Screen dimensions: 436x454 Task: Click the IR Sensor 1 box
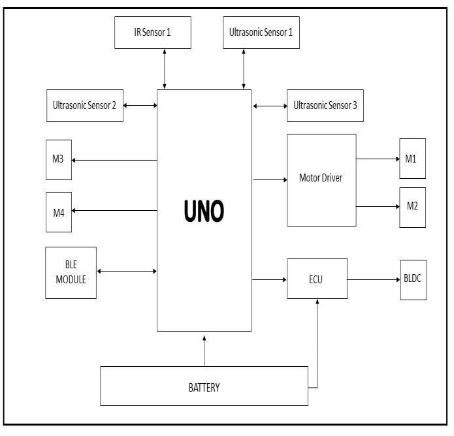153,31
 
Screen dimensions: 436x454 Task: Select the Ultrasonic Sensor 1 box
261,31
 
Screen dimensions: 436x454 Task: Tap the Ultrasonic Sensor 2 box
85,105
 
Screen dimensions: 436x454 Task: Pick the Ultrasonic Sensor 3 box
325,105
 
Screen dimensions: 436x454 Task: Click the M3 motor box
59,159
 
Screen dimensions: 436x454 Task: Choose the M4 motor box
59,211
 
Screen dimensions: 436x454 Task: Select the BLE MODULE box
71,272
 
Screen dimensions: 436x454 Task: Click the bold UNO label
204,211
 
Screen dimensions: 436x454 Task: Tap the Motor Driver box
321,179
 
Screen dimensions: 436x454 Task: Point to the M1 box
412,158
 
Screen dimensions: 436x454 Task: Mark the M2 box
412,207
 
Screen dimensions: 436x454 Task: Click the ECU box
317,279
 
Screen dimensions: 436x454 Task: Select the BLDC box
413,279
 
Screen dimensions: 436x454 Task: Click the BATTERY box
204,386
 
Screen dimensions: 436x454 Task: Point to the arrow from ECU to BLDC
374,279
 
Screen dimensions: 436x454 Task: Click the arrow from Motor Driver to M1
378,158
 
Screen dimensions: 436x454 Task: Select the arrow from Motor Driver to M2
378,207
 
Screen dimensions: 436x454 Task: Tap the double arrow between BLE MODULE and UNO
127,271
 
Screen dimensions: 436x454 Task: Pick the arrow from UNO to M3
114,160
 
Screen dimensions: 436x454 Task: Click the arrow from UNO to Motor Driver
270,179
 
